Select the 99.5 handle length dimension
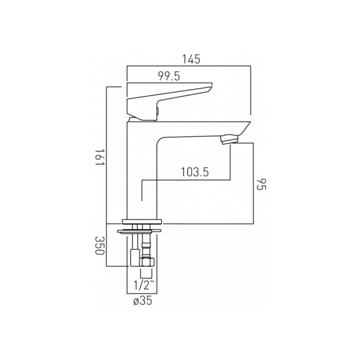(169, 76)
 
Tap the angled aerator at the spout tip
(230, 139)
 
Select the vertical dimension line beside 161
(107, 155)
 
